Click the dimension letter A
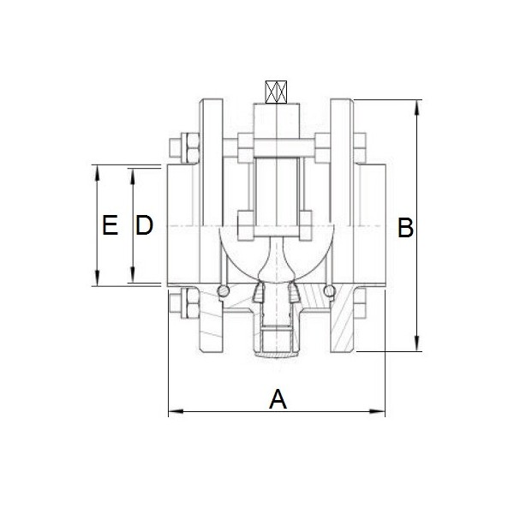tap(278, 399)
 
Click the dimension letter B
tap(405, 227)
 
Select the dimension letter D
tap(144, 224)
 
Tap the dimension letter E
tap(111, 224)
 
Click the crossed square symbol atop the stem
tap(276, 92)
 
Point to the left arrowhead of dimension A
tap(176, 411)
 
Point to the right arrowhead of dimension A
tap(377, 411)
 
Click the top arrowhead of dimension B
tap(417, 108)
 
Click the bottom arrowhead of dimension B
tap(417, 344)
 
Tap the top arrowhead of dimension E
tap(97, 173)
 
